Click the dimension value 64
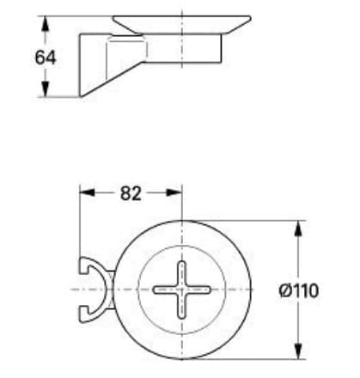click(46, 58)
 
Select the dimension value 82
click(130, 193)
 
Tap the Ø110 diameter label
click(300, 290)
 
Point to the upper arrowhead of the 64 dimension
click(45, 21)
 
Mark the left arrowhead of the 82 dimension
click(84, 193)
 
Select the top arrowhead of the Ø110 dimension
click(298, 226)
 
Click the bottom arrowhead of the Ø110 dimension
click(298, 353)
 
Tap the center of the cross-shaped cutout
click(182, 290)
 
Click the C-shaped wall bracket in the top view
click(90, 290)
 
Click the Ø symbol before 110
click(285, 290)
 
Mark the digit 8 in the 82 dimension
click(125, 193)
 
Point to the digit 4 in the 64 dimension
click(51, 58)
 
